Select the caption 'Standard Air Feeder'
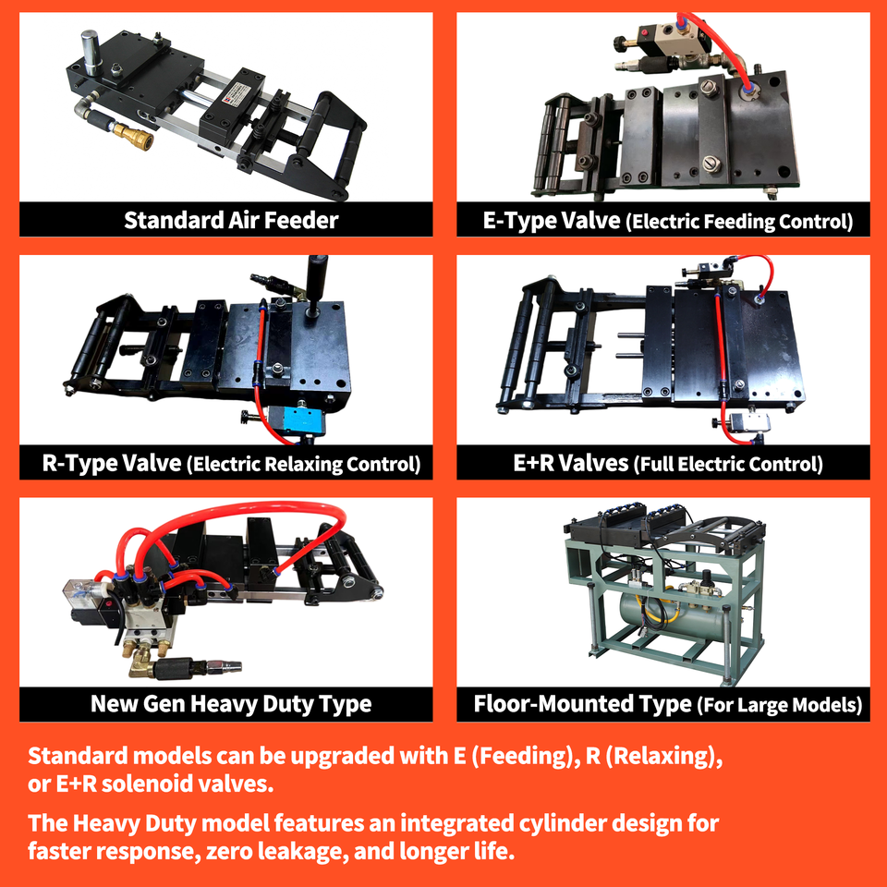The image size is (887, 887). [231, 220]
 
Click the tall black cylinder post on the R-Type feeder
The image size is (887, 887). [316, 284]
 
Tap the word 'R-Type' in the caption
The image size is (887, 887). [79, 463]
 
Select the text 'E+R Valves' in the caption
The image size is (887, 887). [571, 463]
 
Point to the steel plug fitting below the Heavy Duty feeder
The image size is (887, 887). [224, 667]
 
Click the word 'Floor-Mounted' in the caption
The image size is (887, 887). [582, 704]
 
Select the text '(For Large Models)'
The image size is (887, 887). [780, 705]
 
